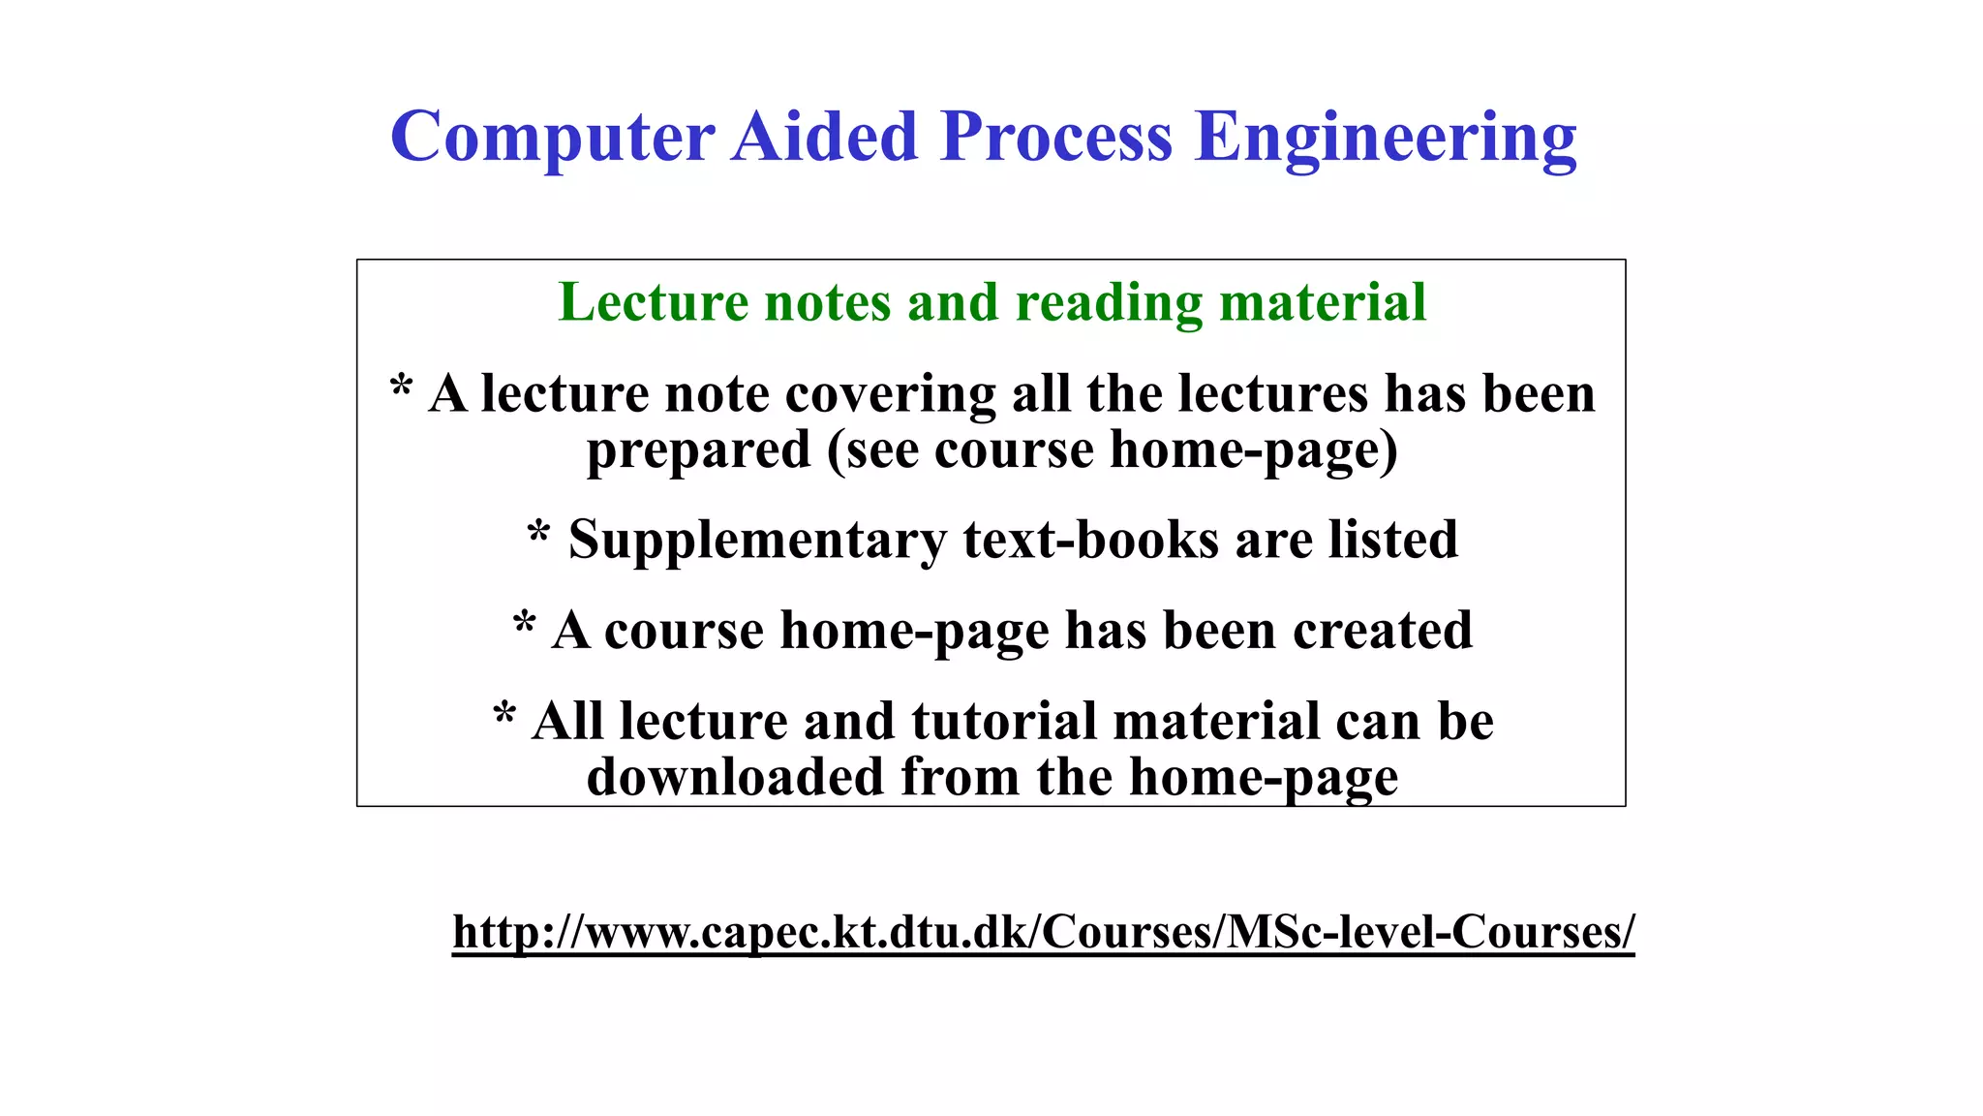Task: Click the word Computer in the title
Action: pyautogui.click(x=553, y=138)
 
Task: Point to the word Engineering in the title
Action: pyautogui.click(x=1386, y=138)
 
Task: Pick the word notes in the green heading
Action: pyautogui.click(x=827, y=302)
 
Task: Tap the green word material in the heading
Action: pyautogui.click(x=1323, y=302)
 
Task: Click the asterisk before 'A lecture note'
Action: pyautogui.click(x=401, y=387)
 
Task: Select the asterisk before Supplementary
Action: pyautogui.click(x=538, y=532)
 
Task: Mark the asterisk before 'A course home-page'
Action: pyautogui.click(x=524, y=623)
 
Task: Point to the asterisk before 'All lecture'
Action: pyautogui.click(x=503, y=714)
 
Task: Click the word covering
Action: pyautogui.click(x=890, y=395)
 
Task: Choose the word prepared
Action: pyautogui.click(x=698, y=451)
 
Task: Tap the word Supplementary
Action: pyautogui.click(x=757, y=541)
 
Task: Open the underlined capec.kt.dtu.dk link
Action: pyautogui.click(x=1043, y=932)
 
